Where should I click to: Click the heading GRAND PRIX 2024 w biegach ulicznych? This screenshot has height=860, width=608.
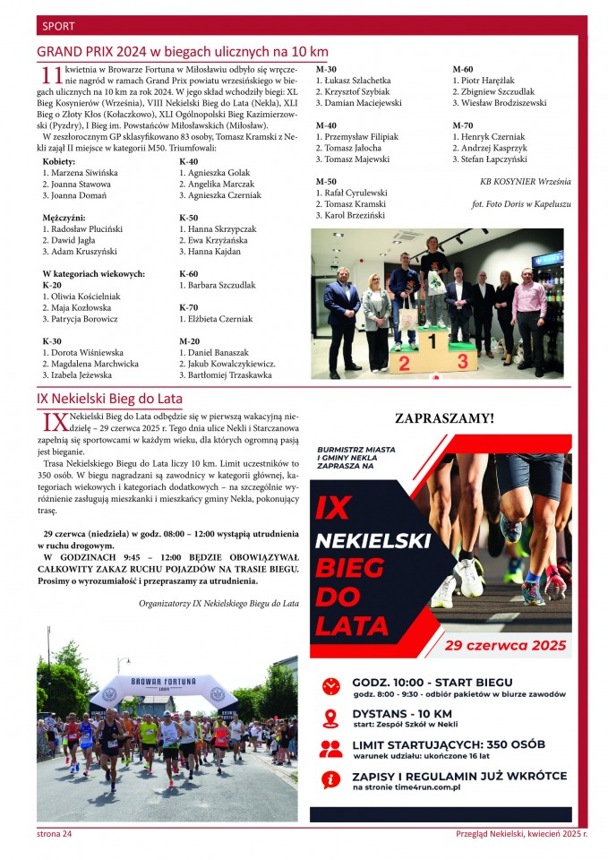coord(183,52)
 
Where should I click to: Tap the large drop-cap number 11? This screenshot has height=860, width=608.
coord(52,77)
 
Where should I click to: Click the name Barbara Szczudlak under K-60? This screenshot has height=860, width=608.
coord(217,286)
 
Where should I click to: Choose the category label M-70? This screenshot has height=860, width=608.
coord(463,125)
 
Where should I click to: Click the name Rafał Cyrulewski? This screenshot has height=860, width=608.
coord(351,193)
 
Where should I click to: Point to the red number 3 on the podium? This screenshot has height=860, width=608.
coord(462,361)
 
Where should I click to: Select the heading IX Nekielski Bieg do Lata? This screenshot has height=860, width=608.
coord(109,399)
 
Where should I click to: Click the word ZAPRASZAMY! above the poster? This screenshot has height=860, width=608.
coord(444,417)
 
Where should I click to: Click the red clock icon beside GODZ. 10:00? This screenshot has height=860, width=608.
coord(331,685)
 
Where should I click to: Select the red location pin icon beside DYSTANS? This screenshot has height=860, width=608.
coord(331,718)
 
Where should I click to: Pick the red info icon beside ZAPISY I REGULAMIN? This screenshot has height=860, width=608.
coord(331,778)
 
